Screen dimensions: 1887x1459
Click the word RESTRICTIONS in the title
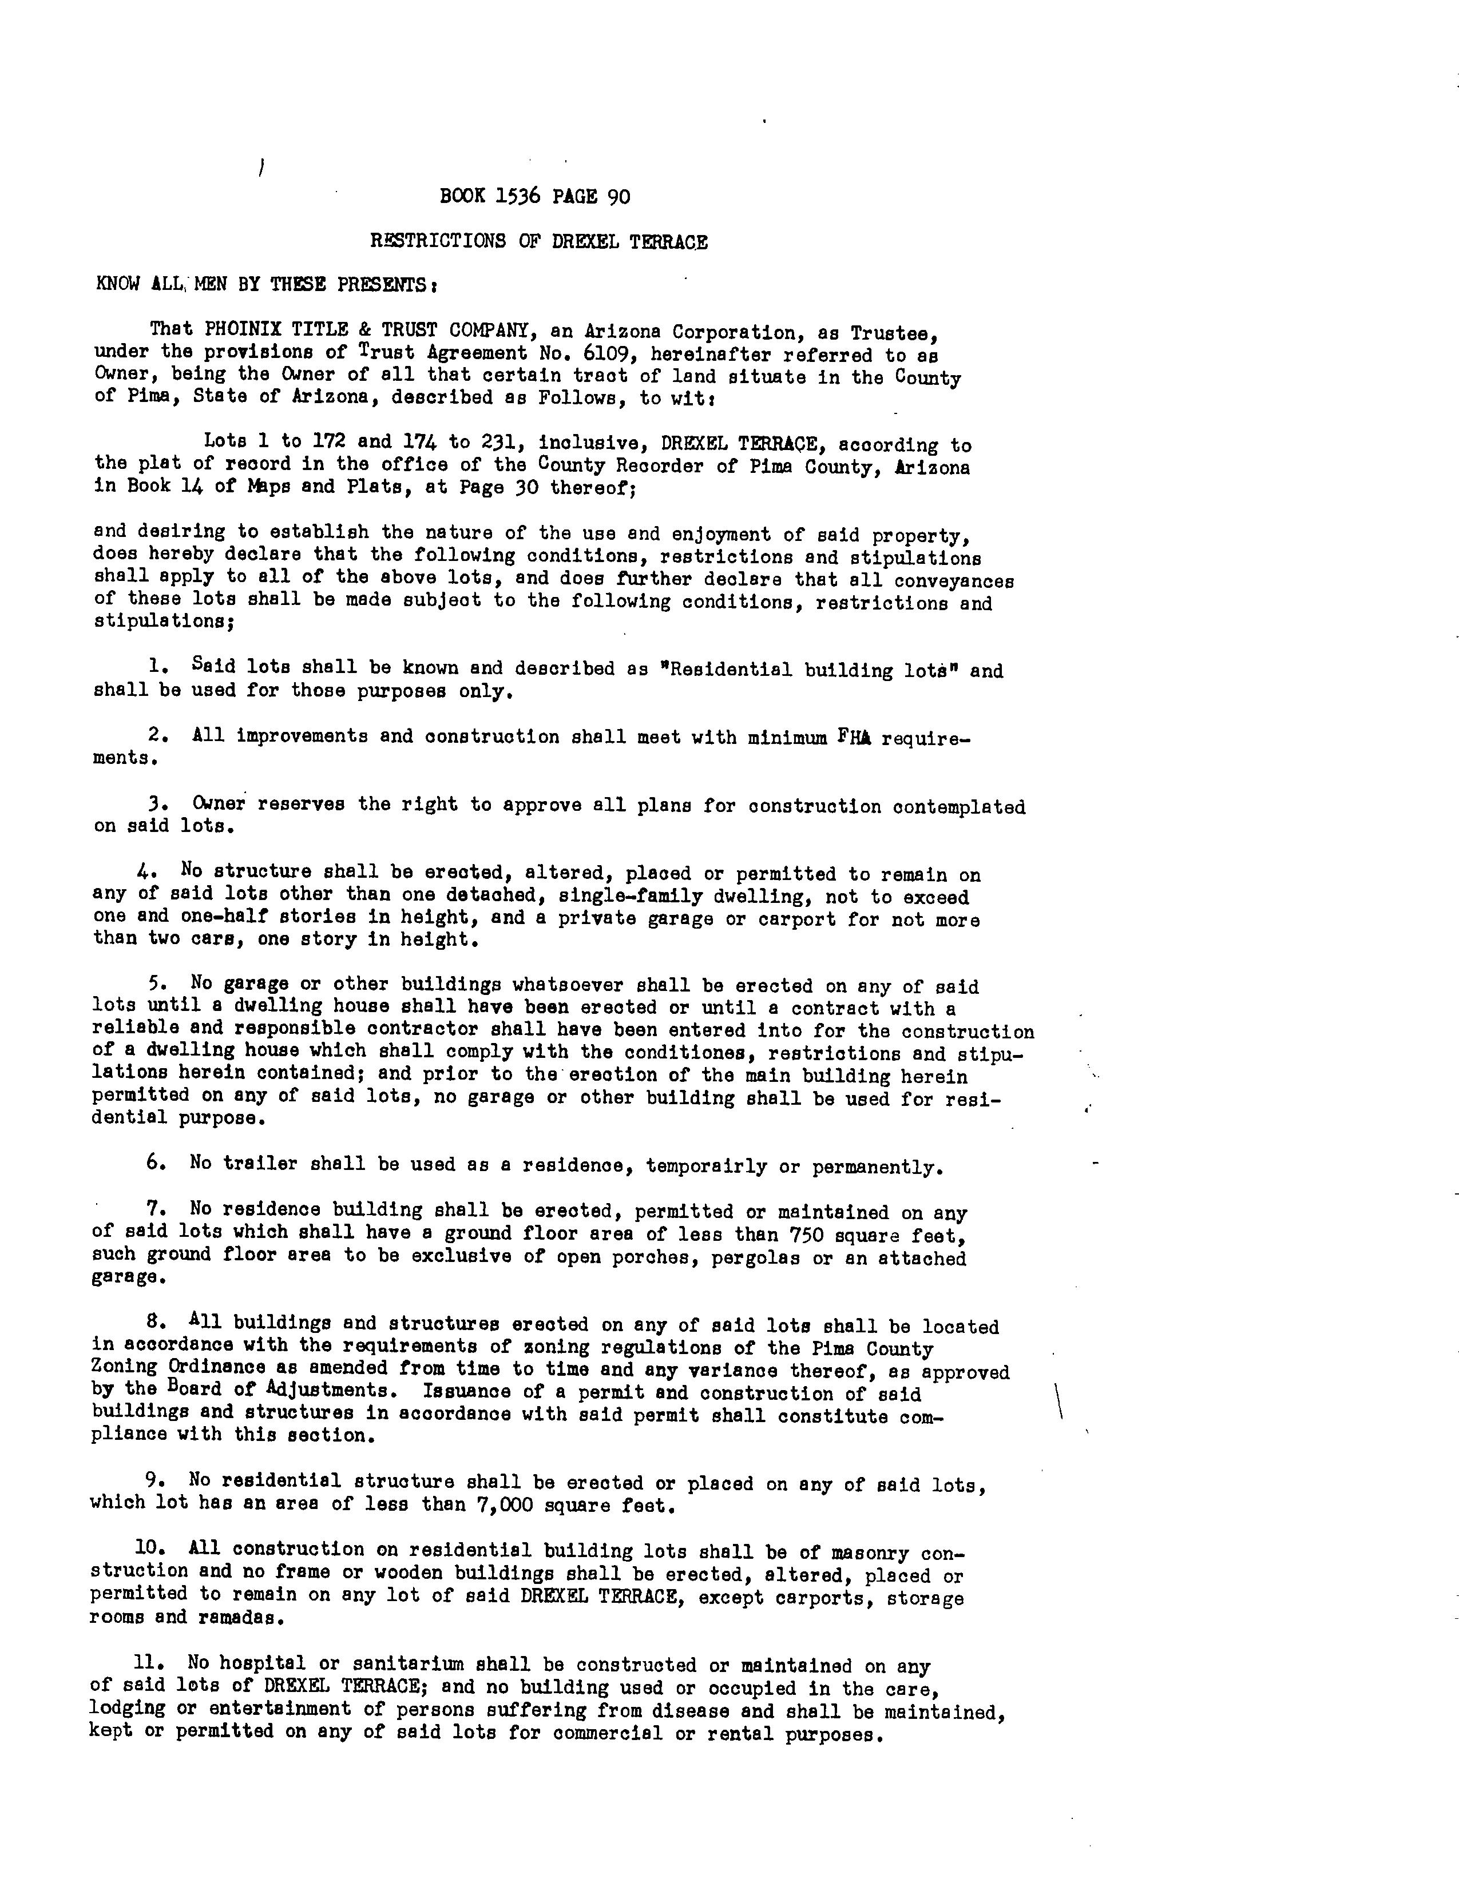(437, 242)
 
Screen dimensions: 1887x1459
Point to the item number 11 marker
(147, 1662)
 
